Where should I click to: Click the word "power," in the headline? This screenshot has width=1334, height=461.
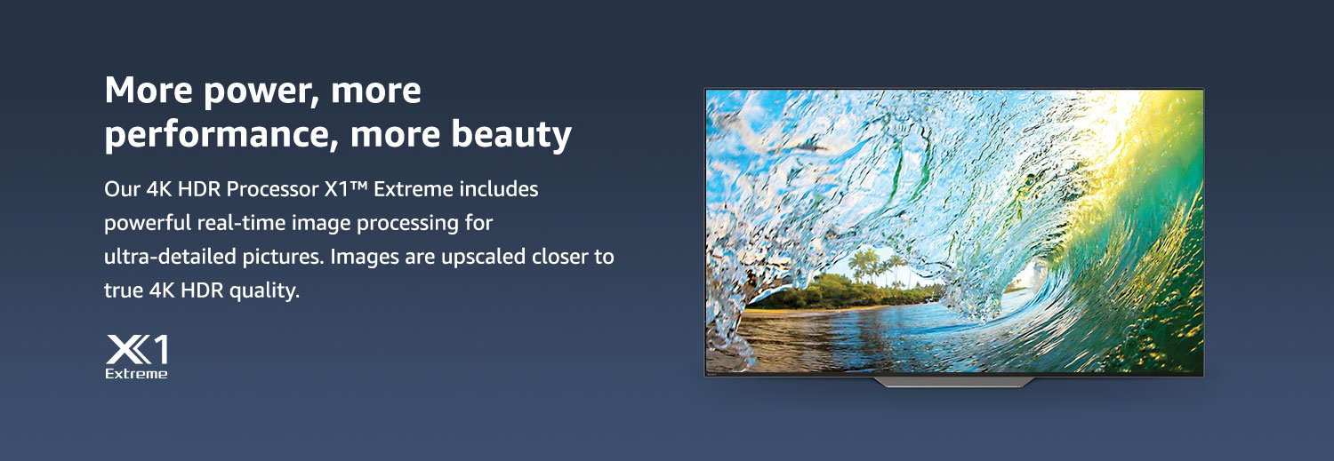258,91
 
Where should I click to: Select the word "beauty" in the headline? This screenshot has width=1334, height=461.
511,134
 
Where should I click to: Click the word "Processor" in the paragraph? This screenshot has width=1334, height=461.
273,189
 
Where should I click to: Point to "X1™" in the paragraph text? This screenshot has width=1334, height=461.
346,189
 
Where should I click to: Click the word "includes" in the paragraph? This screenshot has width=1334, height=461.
497,189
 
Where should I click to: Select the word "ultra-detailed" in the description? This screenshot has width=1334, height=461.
171,257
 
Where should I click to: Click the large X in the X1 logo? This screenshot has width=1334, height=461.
127,349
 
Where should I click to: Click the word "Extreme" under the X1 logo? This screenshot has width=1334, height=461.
136,374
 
